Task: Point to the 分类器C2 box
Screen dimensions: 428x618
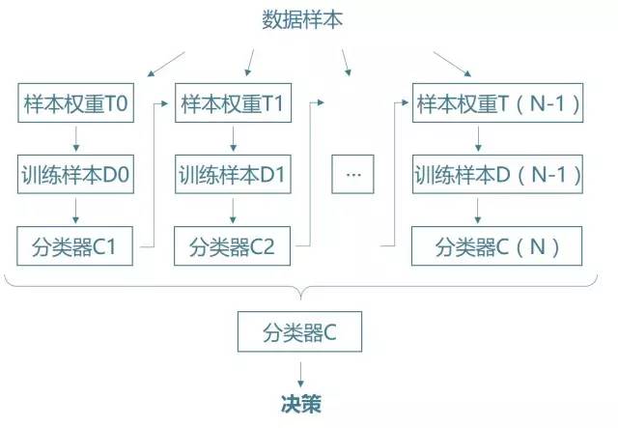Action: point(232,245)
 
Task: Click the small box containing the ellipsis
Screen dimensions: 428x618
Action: point(351,175)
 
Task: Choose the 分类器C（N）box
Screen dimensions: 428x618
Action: point(498,245)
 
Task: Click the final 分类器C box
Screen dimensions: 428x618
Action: point(300,333)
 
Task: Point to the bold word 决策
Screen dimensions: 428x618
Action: point(300,399)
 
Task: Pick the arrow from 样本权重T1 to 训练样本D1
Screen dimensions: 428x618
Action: point(232,139)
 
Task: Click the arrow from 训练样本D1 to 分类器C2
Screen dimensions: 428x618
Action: point(232,210)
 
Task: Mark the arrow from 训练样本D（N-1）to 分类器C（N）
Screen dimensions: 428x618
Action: point(497,210)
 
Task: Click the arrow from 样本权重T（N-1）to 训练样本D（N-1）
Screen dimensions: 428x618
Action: point(497,139)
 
